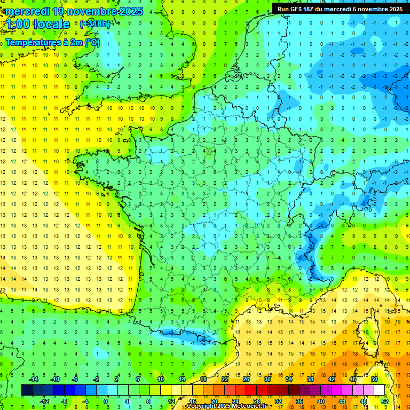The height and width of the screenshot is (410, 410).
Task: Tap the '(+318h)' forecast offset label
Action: point(94,24)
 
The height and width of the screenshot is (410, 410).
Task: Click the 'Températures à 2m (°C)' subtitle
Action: point(52,43)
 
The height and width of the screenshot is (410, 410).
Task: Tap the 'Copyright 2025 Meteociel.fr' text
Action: point(226,406)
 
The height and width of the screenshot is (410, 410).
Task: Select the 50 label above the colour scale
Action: point(374,379)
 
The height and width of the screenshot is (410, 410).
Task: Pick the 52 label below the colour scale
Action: point(385,401)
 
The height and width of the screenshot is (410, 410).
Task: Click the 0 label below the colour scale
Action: point(106,401)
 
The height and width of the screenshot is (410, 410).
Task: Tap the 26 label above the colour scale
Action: point(246,379)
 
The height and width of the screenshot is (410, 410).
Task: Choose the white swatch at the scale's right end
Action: point(380,390)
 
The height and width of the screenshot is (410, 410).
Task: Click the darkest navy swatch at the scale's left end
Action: point(27,390)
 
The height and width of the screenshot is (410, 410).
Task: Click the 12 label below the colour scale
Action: point(171,401)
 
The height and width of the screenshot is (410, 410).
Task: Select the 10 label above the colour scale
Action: point(161,379)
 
